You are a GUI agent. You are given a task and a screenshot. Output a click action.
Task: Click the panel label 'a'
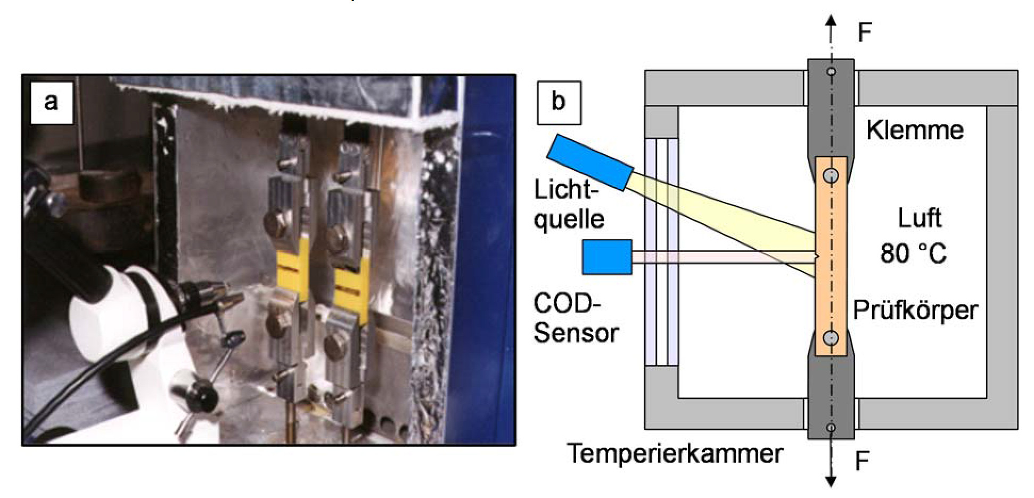coord(51,102)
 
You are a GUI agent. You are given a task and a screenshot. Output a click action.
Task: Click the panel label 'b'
coord(559,103)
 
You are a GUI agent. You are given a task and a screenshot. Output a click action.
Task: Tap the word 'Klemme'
coord(915,130)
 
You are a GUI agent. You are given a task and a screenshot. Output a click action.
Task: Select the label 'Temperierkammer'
coord(675,454)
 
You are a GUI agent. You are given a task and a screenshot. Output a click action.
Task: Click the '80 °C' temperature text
coord(913,254)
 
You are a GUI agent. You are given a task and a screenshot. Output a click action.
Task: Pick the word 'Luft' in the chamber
coord(920,218)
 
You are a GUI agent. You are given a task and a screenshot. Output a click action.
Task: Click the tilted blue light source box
coord(590,162)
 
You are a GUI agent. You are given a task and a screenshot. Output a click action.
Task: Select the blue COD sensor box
coord(607,257)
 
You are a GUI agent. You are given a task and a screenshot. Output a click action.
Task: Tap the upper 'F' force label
coord(865,33)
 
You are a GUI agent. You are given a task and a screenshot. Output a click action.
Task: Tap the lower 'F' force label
coord(862,461)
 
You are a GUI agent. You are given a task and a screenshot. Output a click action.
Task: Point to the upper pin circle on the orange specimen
coord(831,175)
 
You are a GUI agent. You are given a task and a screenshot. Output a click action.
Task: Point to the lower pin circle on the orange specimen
coord(831,338)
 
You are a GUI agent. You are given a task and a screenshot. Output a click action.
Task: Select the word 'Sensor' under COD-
coord(576,333)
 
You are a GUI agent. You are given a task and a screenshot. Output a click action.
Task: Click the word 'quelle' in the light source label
coord(569,218)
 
